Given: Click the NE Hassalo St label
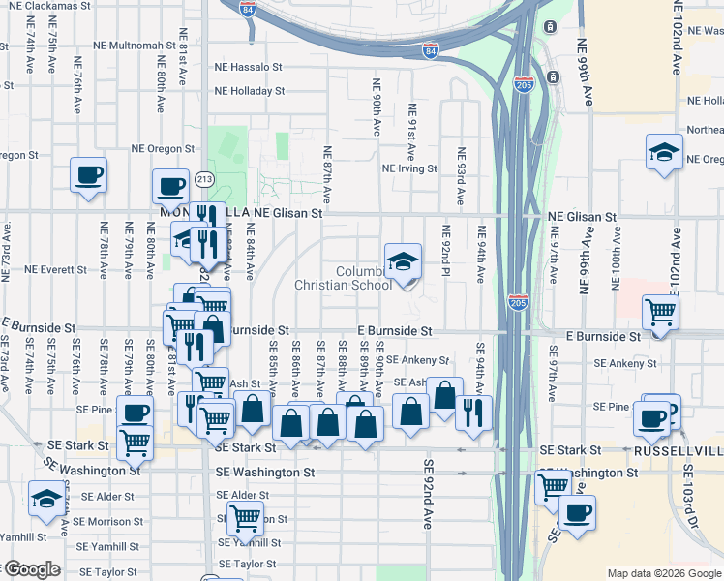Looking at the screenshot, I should [248, 68].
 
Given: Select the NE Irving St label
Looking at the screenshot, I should [410, 168].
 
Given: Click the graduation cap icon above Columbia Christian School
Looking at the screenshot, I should [404, 260].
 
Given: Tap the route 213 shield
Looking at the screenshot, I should [203, 179].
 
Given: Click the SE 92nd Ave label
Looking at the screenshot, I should [426, 494].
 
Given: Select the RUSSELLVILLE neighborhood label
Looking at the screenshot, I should [679, 452].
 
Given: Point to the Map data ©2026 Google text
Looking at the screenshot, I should [664, 572].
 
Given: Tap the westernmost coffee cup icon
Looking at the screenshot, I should [88, 175].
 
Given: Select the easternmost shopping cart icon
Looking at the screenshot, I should [661, 312].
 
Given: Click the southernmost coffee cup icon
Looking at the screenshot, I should [578, 512].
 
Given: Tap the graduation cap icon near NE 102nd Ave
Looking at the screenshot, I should [665, 152].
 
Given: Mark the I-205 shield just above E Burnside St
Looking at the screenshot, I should [517, 302].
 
